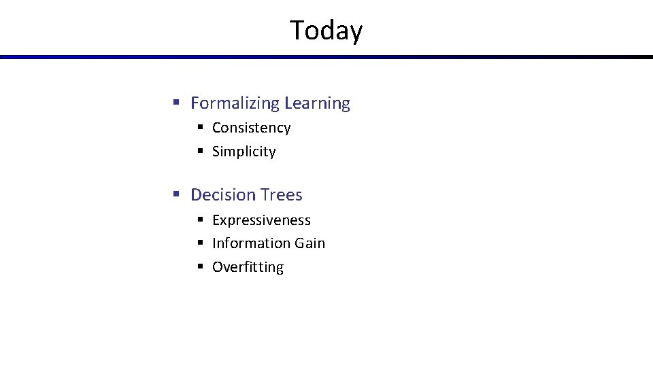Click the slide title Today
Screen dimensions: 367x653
(326, 31)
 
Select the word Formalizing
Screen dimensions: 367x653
(235, 103)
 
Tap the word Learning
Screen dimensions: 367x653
(317, 103)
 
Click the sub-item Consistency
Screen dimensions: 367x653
(251, 128)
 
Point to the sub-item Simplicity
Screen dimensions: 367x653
(244, 152)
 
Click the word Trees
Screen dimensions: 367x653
(280, 195)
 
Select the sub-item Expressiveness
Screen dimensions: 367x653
(261, 220)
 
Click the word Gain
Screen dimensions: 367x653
(309, 243)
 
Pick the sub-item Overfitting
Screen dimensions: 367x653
(248, 267)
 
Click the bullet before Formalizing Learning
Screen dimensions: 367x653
(175, 103)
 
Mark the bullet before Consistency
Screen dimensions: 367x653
(201, 128)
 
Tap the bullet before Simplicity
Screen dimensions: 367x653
(201, 152)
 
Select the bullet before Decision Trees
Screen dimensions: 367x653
(175, 195)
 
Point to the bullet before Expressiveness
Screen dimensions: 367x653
(201, 220)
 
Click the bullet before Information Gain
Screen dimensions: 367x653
(201, 243)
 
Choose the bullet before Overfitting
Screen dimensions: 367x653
(201, 267)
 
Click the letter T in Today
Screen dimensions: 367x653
(298, 31)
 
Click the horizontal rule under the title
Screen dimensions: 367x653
(326, 57)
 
